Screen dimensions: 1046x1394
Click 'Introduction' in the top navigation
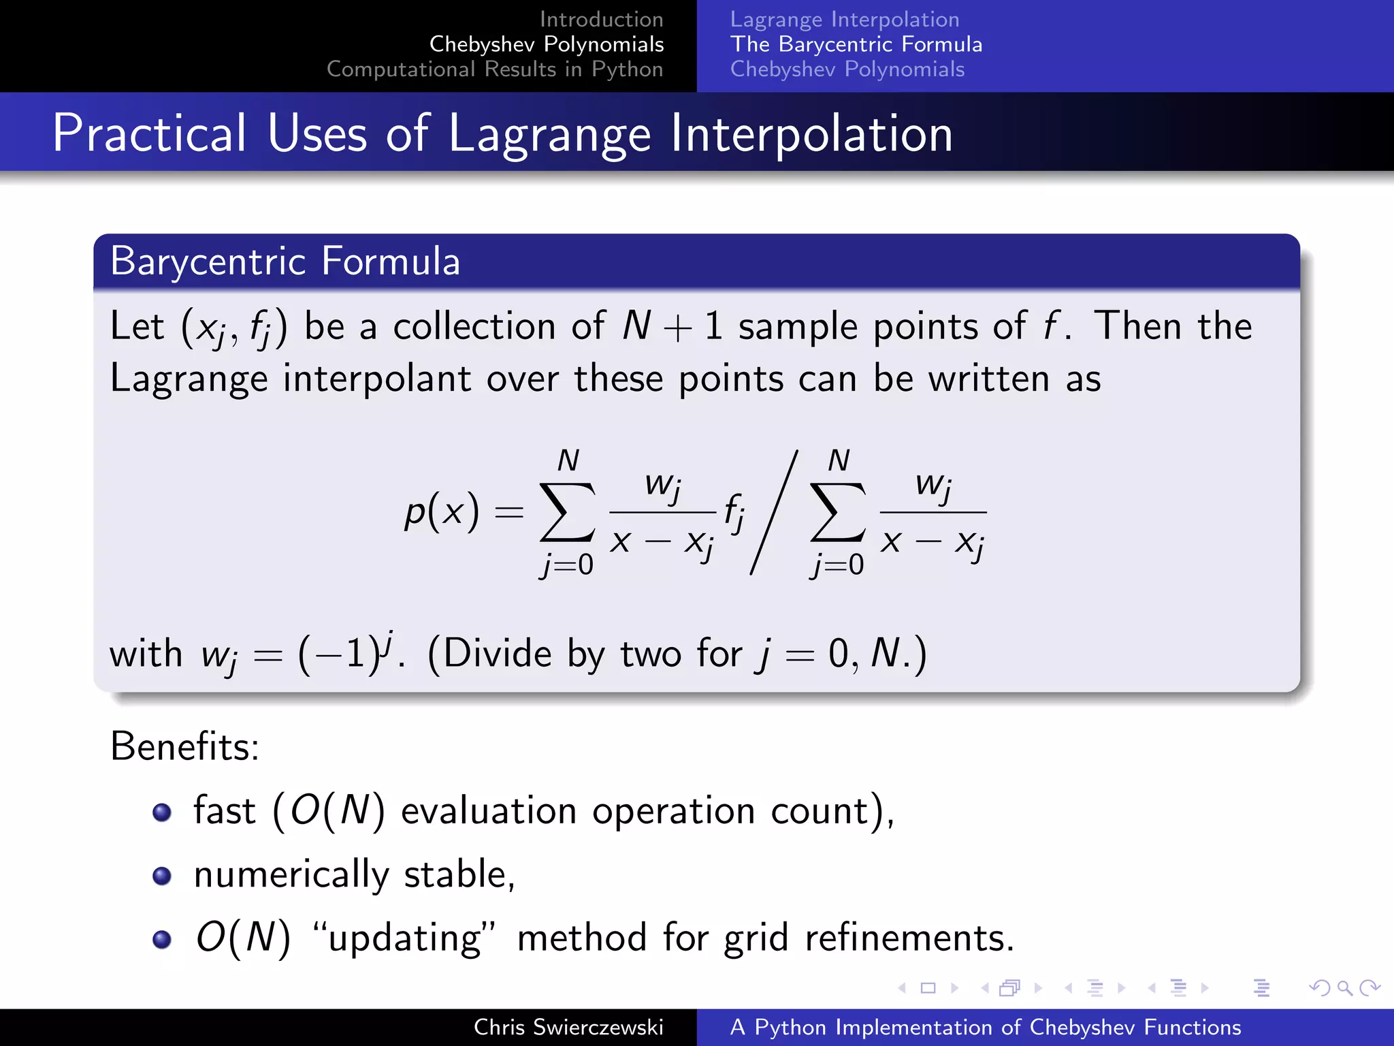tap(601, 20)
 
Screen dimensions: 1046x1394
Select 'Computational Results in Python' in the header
tap(495, 69)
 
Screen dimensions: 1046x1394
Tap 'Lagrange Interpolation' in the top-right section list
tap(845, 20)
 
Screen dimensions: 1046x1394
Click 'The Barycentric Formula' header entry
tap(856, 45)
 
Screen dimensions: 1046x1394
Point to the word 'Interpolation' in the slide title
tap(811, 134)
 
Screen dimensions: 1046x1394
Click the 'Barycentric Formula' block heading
tap(285, 261)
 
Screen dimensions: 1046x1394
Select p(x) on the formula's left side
tap(441, 512)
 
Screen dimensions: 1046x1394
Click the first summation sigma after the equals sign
tap(567, 512)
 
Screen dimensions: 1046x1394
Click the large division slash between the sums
tap(774, 512)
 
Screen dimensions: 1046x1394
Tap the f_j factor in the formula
tap(734, 512)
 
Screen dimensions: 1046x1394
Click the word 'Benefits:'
tap(184, 747)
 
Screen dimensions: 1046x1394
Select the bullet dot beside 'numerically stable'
tap(162, 876)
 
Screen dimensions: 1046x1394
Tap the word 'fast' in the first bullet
tap(225, 811)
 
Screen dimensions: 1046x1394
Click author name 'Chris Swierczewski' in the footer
tap(568, 1028)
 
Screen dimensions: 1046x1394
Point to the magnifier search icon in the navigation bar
tap(1344, 988)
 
